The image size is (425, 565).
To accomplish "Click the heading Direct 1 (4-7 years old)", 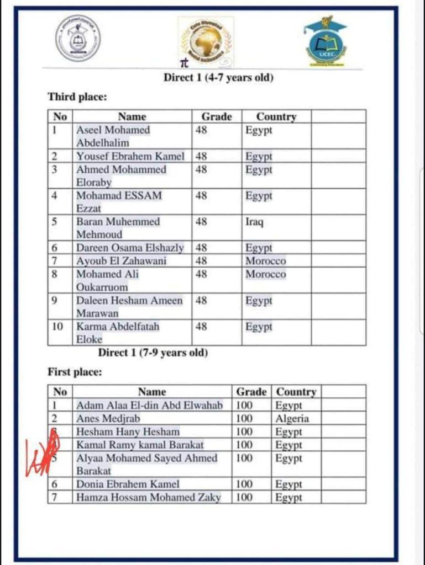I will (218, 78).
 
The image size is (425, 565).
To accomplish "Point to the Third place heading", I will (77, 97).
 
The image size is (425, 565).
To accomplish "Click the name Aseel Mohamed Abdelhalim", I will (113, 136).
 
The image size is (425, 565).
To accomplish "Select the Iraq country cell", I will (254, 222).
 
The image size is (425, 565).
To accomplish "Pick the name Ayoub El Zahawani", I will (121, 261).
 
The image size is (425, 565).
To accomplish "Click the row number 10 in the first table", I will (58, 327).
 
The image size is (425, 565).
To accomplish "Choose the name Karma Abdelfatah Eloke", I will (118, 333).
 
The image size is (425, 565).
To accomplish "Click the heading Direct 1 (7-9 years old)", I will (153, 353).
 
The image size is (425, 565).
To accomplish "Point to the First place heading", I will (75, 372).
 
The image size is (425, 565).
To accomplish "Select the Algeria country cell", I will (292, 418).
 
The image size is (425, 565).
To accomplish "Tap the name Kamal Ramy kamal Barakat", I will (140, 445).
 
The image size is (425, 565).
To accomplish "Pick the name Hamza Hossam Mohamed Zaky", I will (148, 497).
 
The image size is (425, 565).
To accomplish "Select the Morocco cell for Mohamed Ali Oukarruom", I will (266, 274).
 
